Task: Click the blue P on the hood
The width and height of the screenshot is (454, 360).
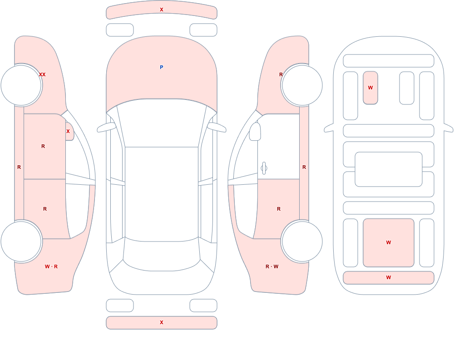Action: coord(162,67)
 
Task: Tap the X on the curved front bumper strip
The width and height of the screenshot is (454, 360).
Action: coord(162,10)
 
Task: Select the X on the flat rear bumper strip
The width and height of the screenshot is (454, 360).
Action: coord(162,322)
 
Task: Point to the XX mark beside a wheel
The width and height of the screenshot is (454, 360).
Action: coord(42,74)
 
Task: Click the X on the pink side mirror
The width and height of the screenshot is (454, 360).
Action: coord(68,131)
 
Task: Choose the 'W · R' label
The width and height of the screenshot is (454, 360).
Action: coord(51,266)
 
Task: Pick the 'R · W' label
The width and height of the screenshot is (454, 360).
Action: coord(272,266)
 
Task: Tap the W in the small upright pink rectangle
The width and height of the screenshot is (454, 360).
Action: coord(370,88)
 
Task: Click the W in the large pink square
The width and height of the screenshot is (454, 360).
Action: coord(389,242)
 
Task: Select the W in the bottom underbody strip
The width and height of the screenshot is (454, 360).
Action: coord(389,277)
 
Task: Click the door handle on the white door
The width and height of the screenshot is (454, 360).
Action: coord(264,168)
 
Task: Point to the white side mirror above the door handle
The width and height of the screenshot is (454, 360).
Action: coord(255,132)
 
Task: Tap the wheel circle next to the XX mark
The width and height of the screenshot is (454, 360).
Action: coord(21,85)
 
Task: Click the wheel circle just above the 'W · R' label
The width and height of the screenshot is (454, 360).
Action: coord(21,242)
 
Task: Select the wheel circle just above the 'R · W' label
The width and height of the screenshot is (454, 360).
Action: coord(302,242)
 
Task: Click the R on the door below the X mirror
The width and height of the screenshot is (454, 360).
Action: coord(43,146)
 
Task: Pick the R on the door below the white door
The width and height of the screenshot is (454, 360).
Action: coord(279,209)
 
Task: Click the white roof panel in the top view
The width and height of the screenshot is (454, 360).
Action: coord(162,193)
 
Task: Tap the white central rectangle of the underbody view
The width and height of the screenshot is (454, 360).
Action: coord(389,169)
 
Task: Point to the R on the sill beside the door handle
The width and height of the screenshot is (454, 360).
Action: coord(304,167)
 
